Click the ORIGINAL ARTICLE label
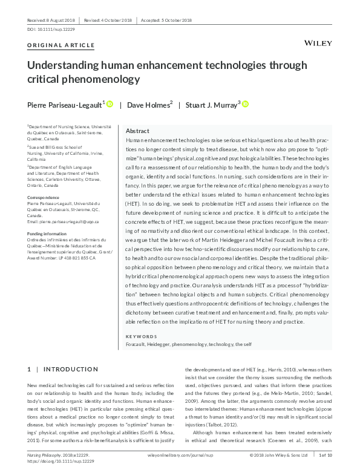tap(61, 45)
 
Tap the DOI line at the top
tap(51, 29)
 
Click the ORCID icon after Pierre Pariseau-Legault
tap(110, 104)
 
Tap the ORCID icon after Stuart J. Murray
tap(246, 104)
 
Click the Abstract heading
tap(137, 131)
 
